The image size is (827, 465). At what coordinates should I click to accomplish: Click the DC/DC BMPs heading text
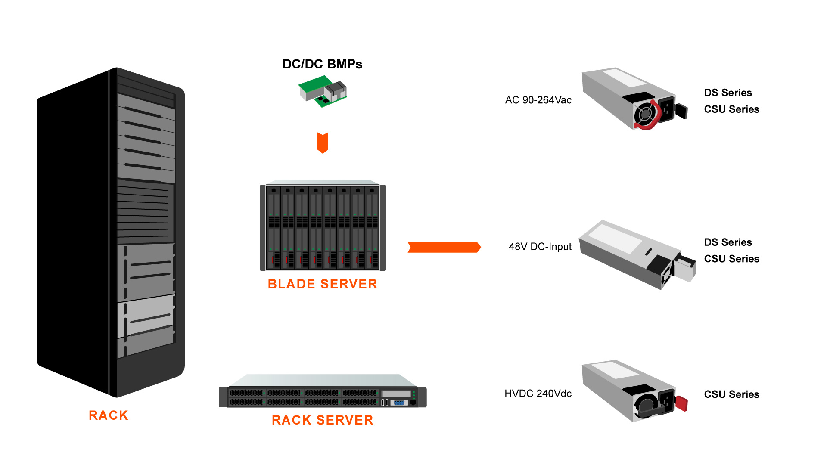pyautogui.click(x=322, y=64)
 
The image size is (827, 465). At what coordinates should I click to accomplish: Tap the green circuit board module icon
pyautogui.click(x=323, y=91)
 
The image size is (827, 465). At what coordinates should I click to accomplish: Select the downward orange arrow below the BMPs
pyautogui.click(x=323, y=143)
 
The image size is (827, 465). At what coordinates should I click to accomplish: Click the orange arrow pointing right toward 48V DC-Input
pyautogui.click(x=444, y=247)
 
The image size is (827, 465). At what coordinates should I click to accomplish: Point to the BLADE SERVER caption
pyautogui.click(x=322, y=284)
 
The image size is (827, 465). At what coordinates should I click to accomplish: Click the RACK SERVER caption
pyautogui.click(x=322, y=420)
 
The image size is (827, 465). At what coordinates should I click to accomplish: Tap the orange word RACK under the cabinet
pyautogui.click(x=109, y=415)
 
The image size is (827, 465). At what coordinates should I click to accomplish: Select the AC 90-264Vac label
pyautogui.click(x=538, y=100)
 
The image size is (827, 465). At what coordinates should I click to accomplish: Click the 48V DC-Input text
pyautogui.click(x=540, y=247)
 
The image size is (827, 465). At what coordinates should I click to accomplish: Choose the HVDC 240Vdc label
pyautogui.click(x=538, y=394)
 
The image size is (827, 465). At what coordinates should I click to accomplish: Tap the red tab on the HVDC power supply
pyautogui.click(x=681, y=403)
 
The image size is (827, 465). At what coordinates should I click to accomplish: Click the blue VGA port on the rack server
pyautogui.click(x=399, y=403)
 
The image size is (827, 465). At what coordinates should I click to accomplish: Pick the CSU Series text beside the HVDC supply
pyautogui.click(x=731, y=394)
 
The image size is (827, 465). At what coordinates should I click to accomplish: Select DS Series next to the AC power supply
pyautogui.click(x=728, y=93)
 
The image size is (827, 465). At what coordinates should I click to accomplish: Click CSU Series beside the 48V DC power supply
pyautogui.click(x=731, y=259)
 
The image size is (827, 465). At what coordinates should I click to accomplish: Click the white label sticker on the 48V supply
pyautogui.click(x=615, y=238)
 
